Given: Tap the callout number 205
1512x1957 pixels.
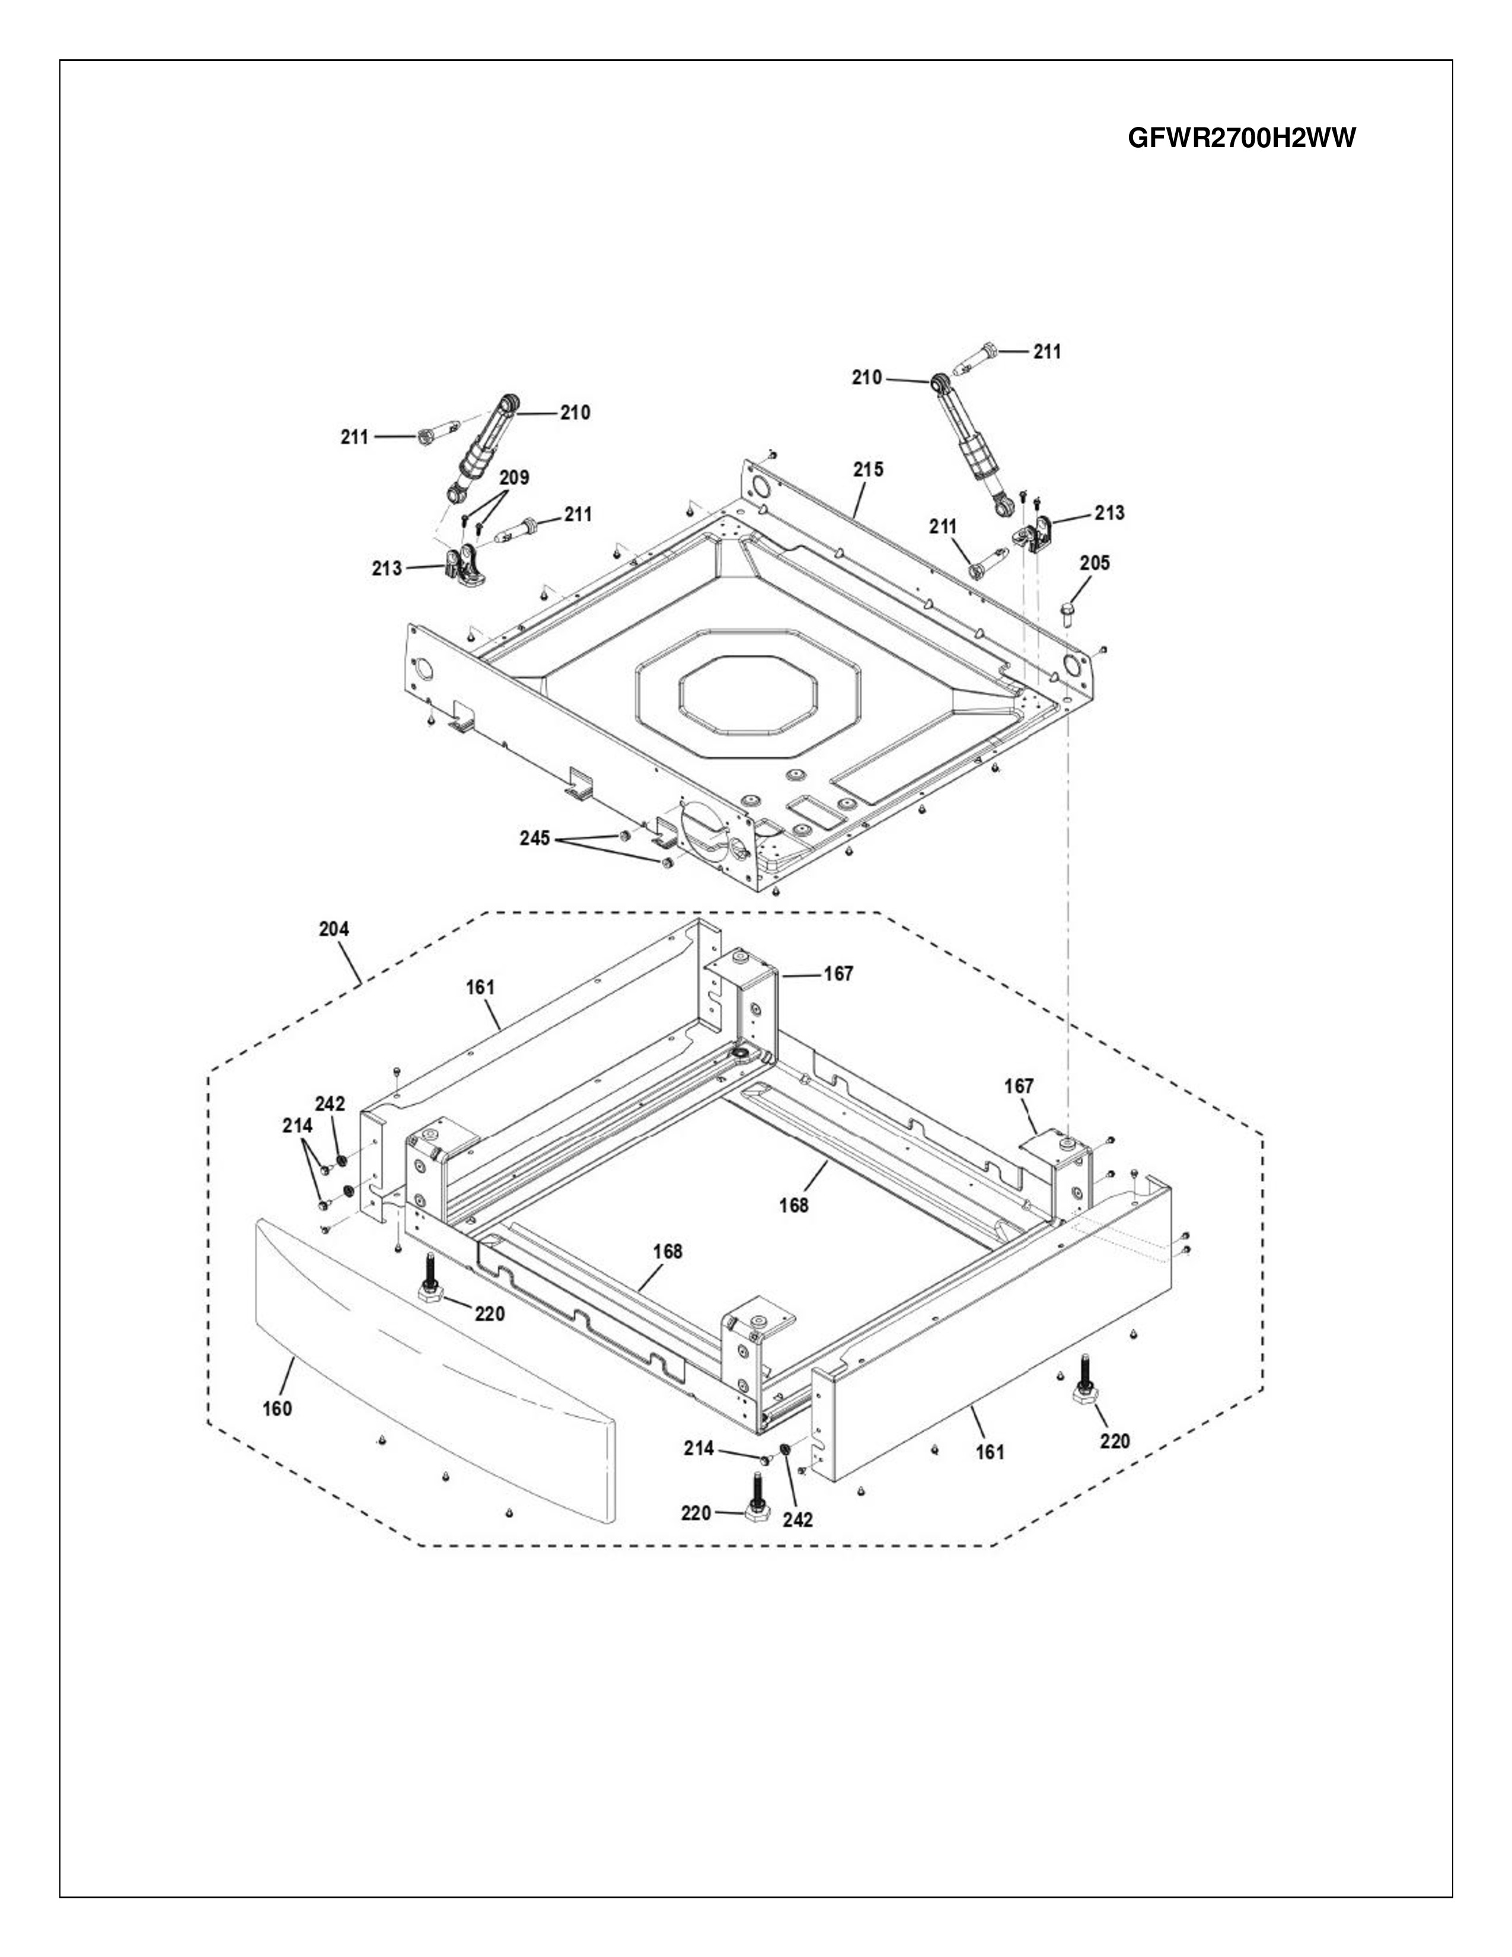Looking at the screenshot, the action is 1095,563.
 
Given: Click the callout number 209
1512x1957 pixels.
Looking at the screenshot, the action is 514,477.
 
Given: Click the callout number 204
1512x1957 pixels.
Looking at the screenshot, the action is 334,929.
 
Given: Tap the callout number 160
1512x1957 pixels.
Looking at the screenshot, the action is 277,1408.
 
